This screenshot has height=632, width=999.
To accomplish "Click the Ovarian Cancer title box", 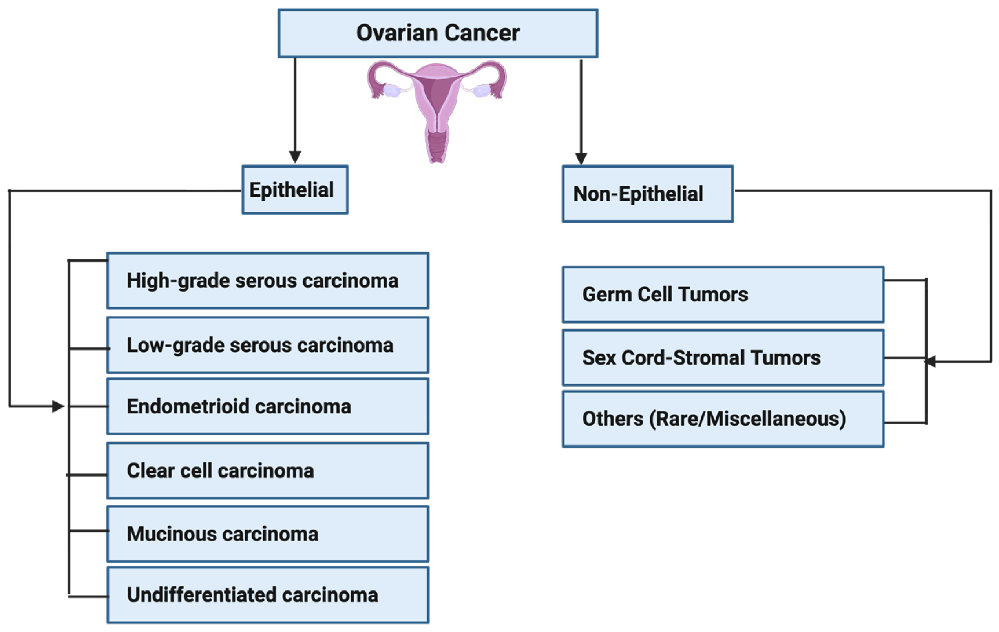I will tap(438, 33).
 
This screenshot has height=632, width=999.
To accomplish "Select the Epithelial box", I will tap(295, 190).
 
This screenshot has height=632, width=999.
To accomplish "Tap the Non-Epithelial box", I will tap(647, 194).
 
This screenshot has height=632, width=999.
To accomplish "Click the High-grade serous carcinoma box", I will tap(268, 281).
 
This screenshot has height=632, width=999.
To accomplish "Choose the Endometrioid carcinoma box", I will tap(268, 406).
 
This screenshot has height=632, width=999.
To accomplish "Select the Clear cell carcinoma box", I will tap(268, 471).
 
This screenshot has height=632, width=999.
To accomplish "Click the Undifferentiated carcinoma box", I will tap(268, 595).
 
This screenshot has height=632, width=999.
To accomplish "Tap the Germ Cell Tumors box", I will tap(723, 295).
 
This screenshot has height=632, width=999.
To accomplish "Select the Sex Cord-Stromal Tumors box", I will tap(723, 358).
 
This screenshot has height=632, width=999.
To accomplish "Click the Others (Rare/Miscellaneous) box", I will tap(723, 419).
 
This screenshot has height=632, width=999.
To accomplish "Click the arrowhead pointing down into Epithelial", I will tap(295, 157).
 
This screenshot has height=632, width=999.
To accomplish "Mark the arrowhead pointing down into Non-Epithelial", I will tap(581, 159).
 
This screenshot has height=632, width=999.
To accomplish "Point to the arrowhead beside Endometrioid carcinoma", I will tap(58, 406).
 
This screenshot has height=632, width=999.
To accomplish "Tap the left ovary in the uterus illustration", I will tap(391, 90).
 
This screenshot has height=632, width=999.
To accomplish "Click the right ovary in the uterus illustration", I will tap(482, 90).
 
